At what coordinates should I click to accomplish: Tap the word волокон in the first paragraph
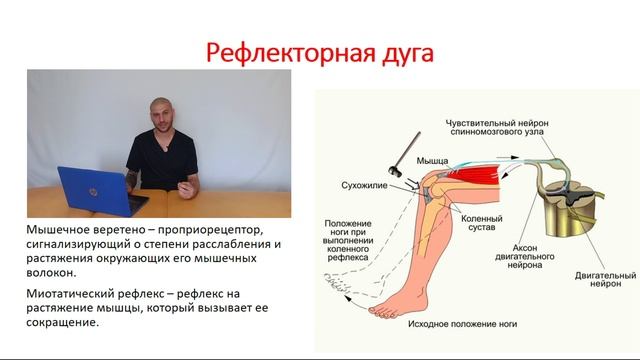point(54,272)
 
